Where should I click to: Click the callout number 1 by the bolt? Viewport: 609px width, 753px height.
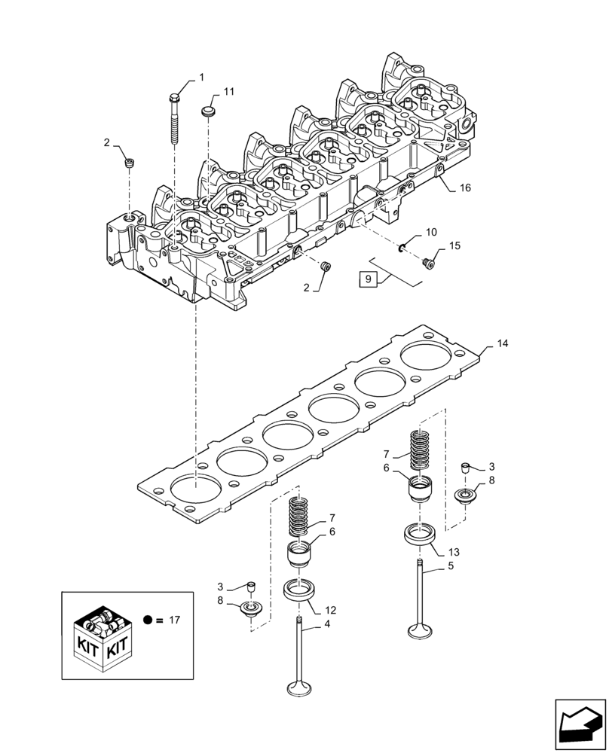(x=201, y=77)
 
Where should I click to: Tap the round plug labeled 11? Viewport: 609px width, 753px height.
(x=208, y=112)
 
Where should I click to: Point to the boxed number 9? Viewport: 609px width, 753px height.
(x=368, y=279)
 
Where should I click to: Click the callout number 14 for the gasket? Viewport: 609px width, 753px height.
(x=503, y=343)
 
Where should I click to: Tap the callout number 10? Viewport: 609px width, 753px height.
(x=431, y=233)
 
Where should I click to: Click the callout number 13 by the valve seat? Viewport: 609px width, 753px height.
(x=454, y=552)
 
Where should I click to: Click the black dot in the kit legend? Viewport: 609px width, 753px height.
(x=148, y=620)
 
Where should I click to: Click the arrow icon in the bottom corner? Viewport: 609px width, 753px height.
(x=580, y=724)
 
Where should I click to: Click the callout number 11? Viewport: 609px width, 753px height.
(x=228, y=91)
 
